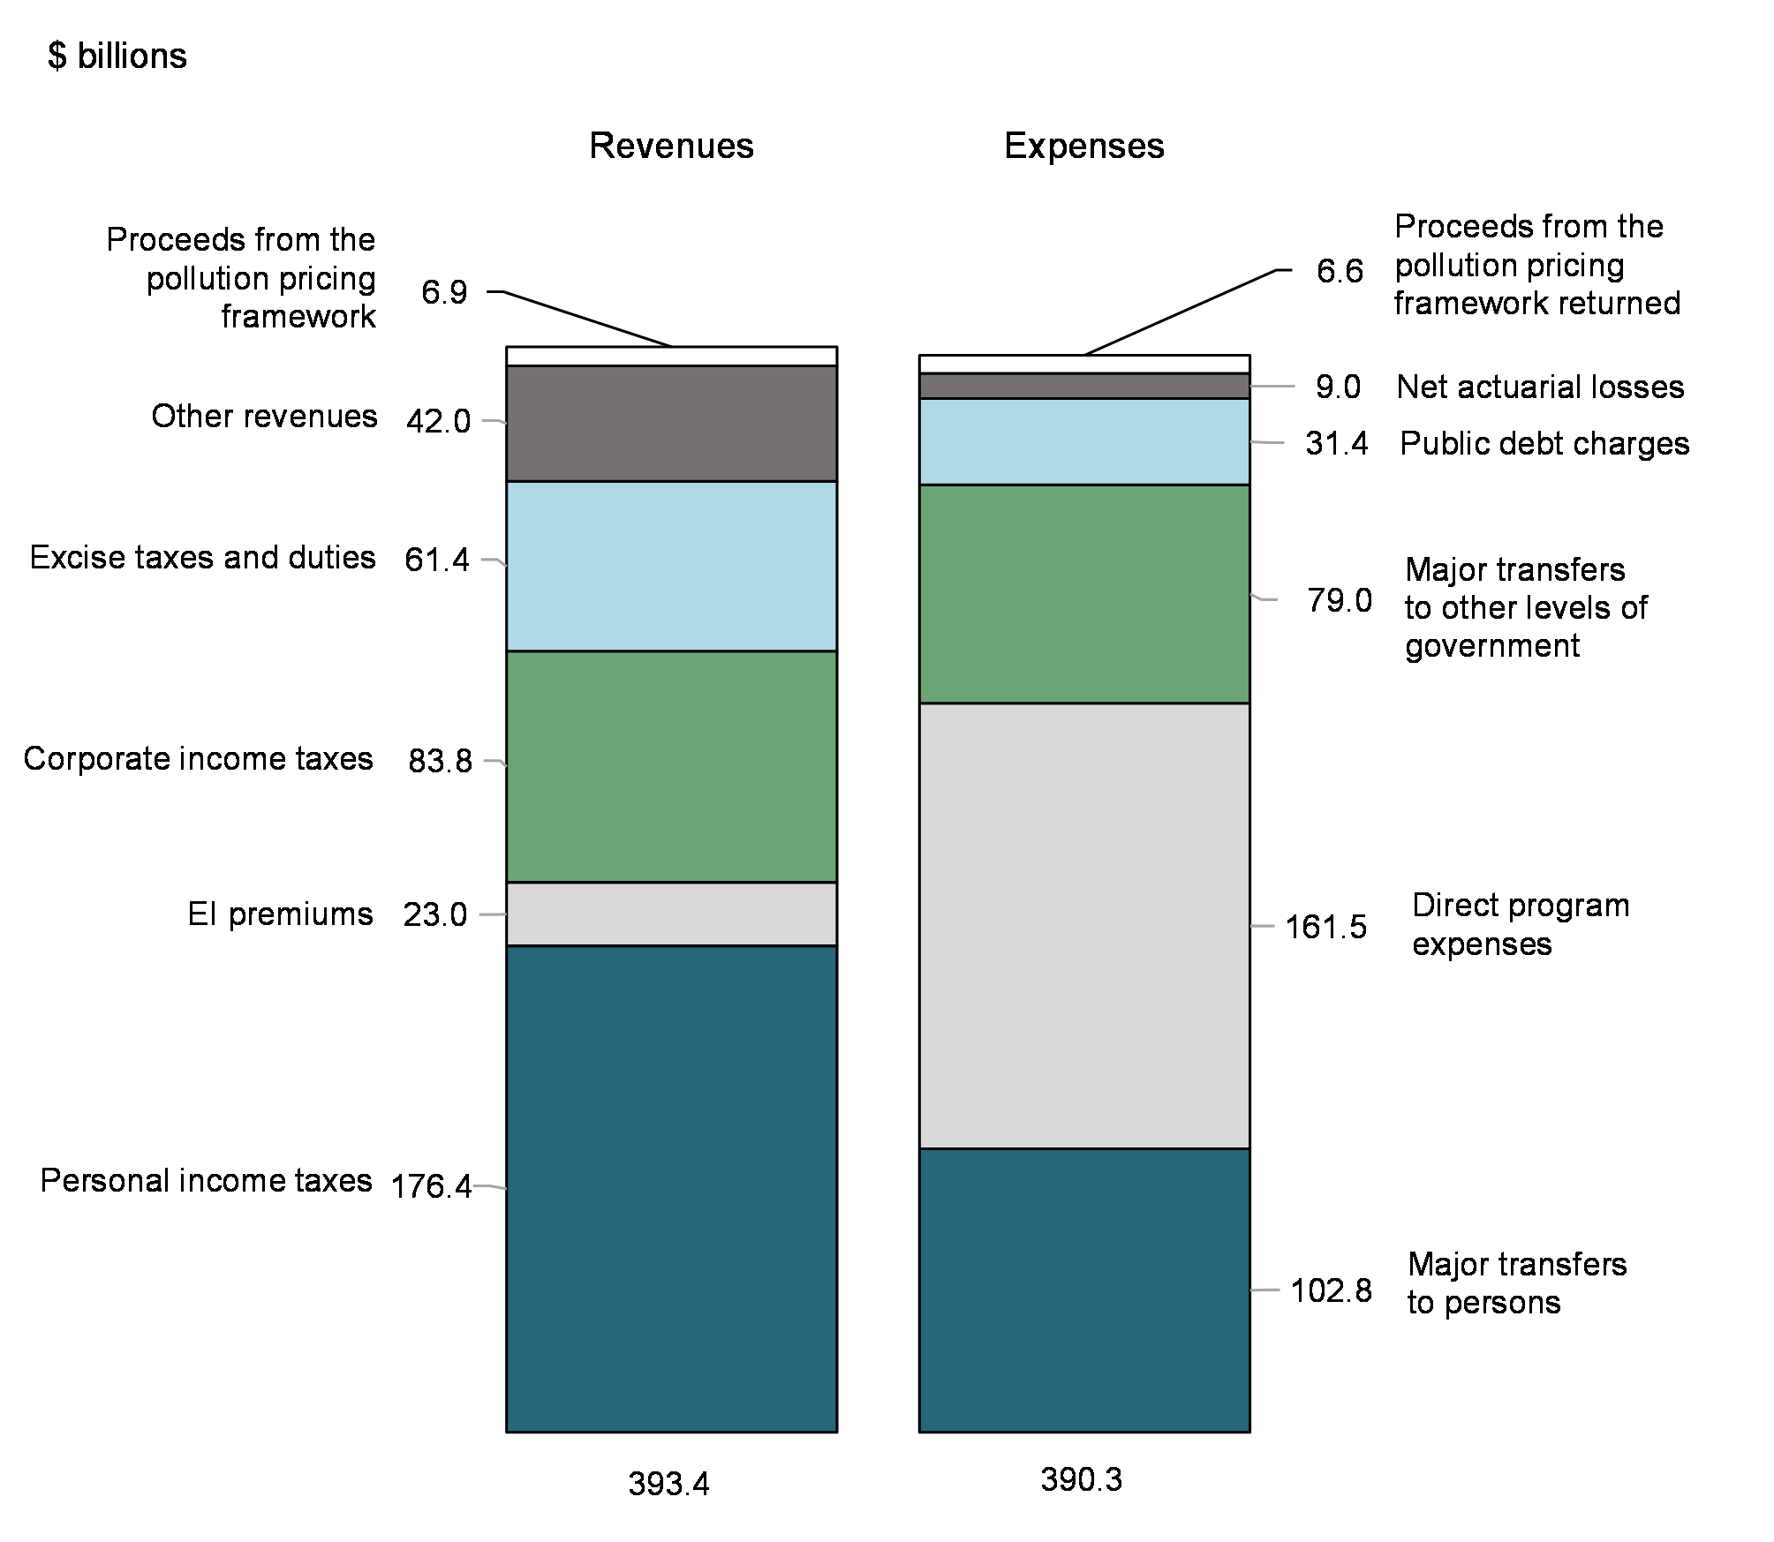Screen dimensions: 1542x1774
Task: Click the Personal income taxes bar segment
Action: pyautogui.click(x=671, y=1187)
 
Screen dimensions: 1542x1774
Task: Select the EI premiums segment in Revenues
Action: pyautogui.click(x=671, y=914)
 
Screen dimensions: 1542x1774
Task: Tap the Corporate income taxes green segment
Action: pyautogui.click(x=671, y=766)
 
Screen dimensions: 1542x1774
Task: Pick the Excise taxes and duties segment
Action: pyautogui.click(x=671, y=566)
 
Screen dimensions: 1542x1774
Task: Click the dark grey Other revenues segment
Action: pyautogui.click(x=671, y=423)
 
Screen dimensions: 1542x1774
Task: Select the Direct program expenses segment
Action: pyautogui.click(x=1084, y=925)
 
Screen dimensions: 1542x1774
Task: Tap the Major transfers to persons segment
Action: pyautogui.click(x=1084, y=1289)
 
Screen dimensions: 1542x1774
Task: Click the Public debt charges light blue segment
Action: pyautogui.click(x=1084, y=441)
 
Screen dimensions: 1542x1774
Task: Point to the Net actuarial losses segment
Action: pyautogui.click(x=1084, y=386)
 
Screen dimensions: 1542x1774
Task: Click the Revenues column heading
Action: pyautogui.click(x=671, y=146)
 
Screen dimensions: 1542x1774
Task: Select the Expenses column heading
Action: pyautogui.click(x=1083, y=146)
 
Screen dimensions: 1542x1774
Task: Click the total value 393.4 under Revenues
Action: pyautogui.click(x=668, y=1484)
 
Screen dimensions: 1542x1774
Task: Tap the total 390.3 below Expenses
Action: pyautogui.click(x=1081, y=1479)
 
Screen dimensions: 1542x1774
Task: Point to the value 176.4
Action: pyautogui.click(x=431, y=1186)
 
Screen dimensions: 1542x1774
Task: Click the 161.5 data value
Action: pyautogui.click(x=1325, y=927)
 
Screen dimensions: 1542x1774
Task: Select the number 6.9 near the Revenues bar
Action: pyautogui.click(x=444, y=292)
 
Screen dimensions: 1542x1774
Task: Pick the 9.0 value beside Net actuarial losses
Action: pyautogui.click(x=1338, y=387)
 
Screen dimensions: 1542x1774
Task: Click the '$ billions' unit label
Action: pyautogui.click(x=117, y=56)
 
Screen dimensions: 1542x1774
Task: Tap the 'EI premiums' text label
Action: pyautogui.click(x=280, y=914)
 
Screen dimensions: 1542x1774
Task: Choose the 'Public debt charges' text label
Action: pyautogui.click(x=1544, y=443)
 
